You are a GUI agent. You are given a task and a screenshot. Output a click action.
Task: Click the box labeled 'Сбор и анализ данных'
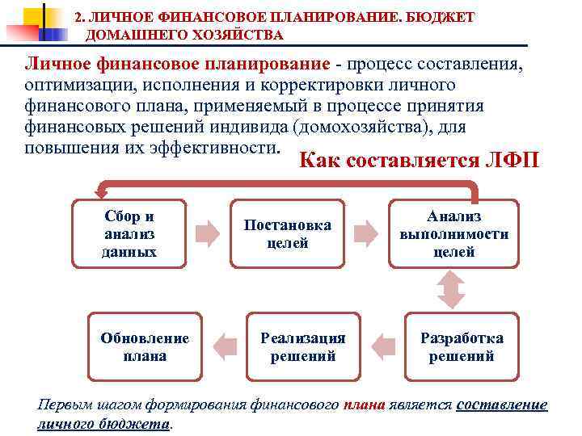coord(130,233)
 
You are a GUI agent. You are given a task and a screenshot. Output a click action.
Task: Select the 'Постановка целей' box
coord(288,233)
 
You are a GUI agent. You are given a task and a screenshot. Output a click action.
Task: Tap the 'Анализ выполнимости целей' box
coord(453,233)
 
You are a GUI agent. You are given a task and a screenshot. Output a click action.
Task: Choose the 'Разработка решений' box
coord(461,346)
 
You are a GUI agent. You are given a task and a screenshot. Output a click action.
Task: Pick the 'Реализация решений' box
coord(303,346)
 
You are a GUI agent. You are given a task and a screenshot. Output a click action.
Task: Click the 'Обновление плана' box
coord(145,346)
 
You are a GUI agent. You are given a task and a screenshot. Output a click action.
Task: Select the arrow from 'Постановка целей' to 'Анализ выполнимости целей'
coord(366,233)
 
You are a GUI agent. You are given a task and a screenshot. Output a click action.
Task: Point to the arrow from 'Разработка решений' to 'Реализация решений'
coord(382,346)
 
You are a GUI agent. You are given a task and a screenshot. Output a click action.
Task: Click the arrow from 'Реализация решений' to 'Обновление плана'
coord(224,346)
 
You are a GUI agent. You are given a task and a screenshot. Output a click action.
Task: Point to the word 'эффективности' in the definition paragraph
coord(216,148)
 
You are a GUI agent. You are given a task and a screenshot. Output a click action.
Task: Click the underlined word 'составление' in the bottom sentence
coord(502,405)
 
